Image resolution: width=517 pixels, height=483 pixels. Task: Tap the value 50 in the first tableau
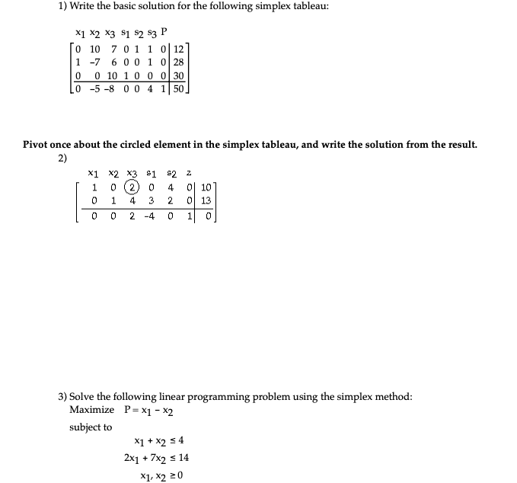[x=179, y=89]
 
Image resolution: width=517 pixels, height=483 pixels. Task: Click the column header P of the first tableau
[x=166, y=34]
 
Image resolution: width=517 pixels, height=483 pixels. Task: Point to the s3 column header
[x=151, y=34]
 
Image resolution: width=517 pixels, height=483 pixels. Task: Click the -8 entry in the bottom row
[x=114, y=89]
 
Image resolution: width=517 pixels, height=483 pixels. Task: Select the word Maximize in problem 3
[x=91, y=410]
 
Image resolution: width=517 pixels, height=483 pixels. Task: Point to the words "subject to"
[x=90, y=427]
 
